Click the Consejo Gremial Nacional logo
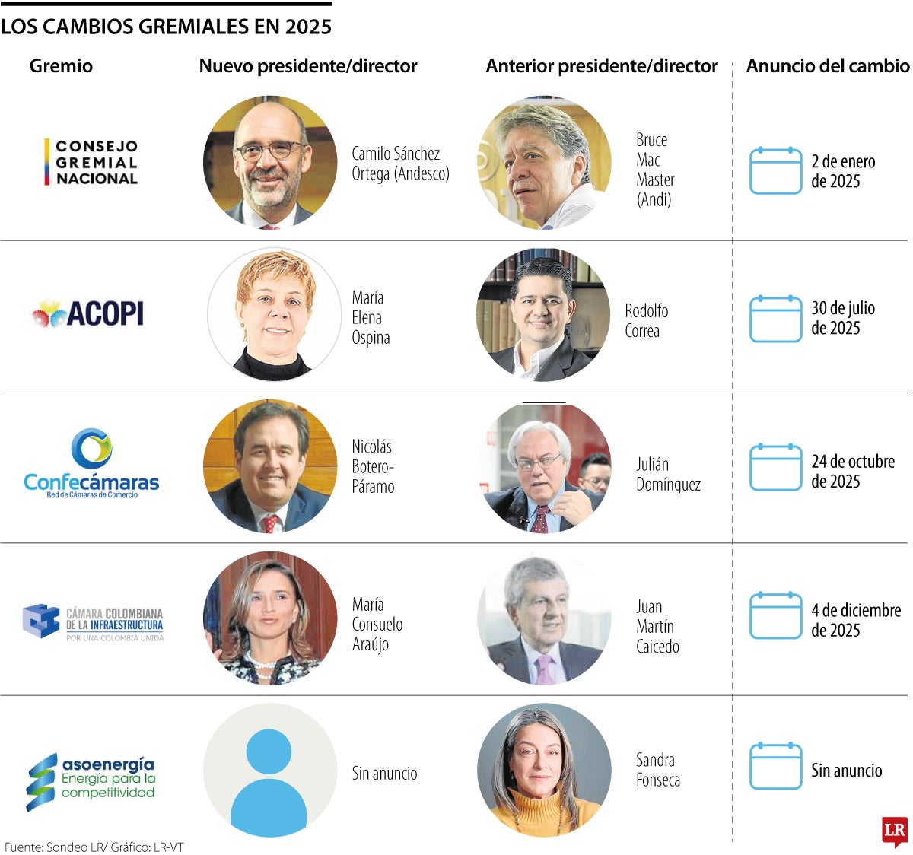91,162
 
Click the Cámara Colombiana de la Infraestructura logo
93,622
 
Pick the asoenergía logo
91,781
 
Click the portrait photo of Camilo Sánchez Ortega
270,162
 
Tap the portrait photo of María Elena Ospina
274,313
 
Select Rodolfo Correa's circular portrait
543,315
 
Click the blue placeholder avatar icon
269,771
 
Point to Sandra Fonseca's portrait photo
543,770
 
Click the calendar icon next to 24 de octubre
775,468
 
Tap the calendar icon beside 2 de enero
775,171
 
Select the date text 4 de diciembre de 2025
855,620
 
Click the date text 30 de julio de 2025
842,318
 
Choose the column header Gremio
61,66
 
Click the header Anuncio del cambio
827,66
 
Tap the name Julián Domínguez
668,474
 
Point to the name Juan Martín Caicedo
657,626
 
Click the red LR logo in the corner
895,831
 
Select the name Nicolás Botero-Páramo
373,466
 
